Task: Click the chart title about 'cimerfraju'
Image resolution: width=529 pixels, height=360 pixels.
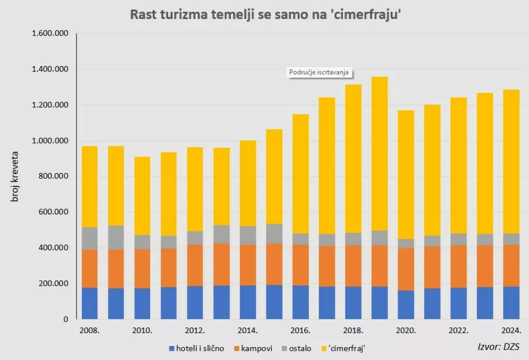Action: pos(264,15)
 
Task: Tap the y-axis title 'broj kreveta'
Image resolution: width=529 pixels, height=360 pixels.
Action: pos(15,177)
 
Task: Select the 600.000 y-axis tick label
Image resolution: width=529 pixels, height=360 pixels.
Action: pos(54,212)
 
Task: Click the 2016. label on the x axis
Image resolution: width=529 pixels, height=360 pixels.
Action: pos(301,330)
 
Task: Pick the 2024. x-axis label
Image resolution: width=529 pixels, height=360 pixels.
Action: pos(511,330)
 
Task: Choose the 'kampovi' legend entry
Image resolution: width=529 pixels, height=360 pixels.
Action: pos(255,348)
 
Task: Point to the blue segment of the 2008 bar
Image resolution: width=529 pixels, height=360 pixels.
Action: pos(90,303)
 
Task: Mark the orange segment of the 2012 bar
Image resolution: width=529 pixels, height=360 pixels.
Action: pos(195,265)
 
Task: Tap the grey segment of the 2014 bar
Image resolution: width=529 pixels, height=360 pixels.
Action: pos(248,235)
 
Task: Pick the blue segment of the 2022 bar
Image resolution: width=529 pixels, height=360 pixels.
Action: pos(459,303)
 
